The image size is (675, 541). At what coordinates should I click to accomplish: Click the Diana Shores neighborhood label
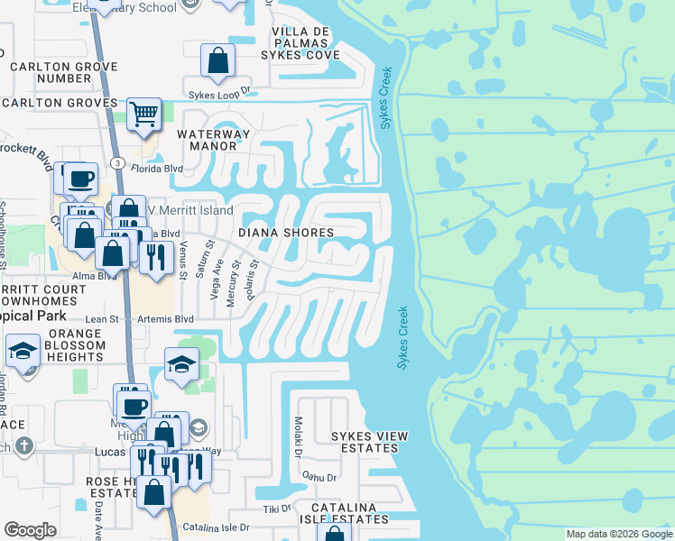[286, 233]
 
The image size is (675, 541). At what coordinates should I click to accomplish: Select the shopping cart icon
[143, 115]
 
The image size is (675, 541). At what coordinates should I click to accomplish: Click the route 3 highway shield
[117, 161]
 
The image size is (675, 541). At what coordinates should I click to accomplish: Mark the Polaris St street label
[255, 280]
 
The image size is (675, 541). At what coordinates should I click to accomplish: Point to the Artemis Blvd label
[165, 319]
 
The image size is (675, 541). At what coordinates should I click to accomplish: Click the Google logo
[30, 530]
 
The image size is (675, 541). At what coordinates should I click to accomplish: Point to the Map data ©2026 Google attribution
[618, 534]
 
